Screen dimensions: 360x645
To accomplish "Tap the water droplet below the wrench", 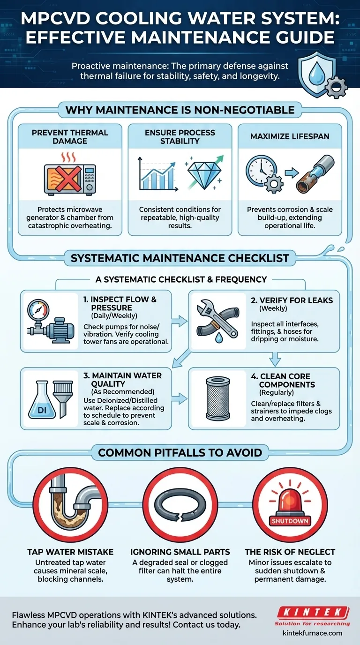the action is coord(219,337).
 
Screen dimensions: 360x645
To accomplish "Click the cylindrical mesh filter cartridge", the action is coord(217,399).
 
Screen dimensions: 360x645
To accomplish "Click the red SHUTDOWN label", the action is coord(290,521).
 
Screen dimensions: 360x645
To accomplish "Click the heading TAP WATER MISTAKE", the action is coord(70,552).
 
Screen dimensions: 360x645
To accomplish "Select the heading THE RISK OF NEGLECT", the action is coord(290,552).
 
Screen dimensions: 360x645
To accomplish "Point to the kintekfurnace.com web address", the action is coord(313,633).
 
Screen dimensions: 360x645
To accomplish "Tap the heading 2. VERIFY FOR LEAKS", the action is coord(292,300).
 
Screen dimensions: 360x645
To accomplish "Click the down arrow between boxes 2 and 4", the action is coord(275,359).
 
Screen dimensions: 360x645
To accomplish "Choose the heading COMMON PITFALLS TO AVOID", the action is coord(180,453).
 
